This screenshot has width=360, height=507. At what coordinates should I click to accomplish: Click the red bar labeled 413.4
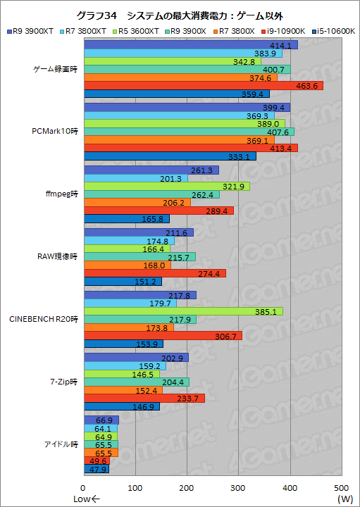tap(190, 148)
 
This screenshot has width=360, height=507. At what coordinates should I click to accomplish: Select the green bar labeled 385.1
tap(183, 311)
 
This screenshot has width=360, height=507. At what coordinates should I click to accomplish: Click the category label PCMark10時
tap(56, 132)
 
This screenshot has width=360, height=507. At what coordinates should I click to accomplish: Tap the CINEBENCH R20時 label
tap(44, 319)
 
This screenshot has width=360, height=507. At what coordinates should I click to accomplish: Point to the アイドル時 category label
tap(59, 444)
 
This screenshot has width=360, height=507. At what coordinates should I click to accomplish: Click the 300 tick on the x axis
tap(239, 487)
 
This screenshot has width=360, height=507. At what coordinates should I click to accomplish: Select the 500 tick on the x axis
tap(342, 487)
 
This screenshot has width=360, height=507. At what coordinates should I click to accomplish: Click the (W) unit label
tap(345, 499)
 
